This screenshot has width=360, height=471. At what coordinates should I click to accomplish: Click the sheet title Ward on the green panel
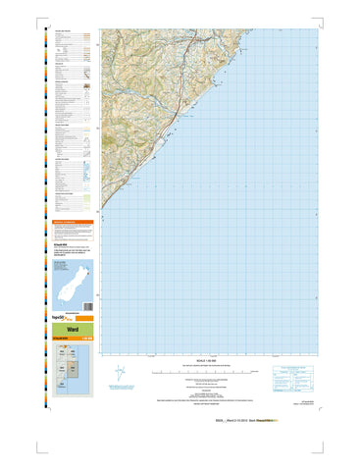(73, 331)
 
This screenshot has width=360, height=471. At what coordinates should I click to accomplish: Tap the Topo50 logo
(61, 316)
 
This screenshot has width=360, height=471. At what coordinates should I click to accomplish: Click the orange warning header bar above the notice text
(74, 223)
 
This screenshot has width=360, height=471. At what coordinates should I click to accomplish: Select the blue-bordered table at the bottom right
(290, 377)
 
